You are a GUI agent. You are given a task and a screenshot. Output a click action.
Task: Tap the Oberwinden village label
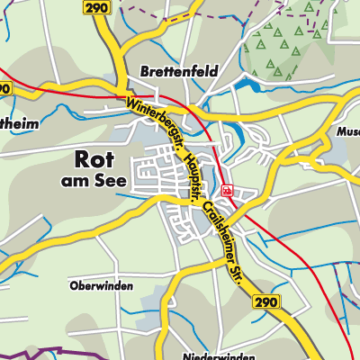101,285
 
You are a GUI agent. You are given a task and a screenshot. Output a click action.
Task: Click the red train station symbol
228,191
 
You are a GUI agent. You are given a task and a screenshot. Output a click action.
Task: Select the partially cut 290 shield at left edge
4,88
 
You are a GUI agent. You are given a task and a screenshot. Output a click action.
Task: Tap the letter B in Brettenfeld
144,70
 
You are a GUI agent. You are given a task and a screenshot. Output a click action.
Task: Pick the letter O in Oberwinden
72,285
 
